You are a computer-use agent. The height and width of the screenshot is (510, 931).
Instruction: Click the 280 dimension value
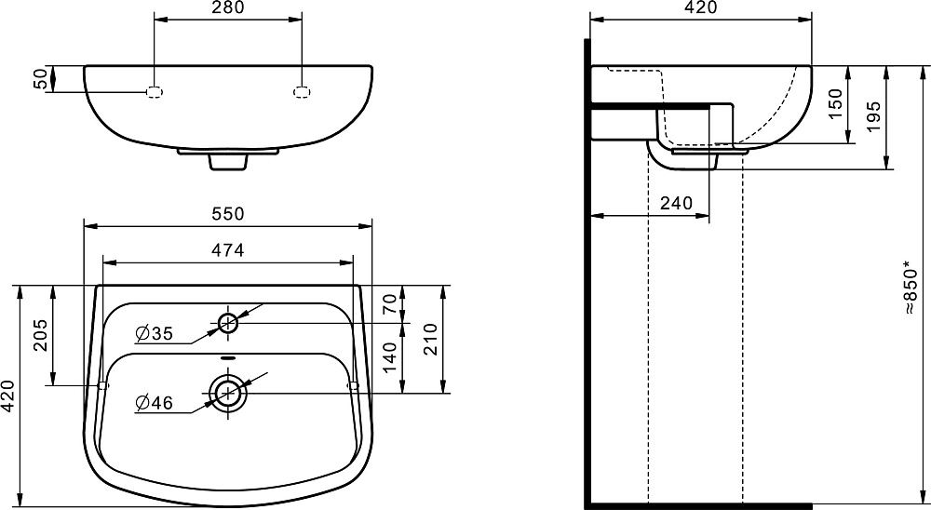click(x=228, y=7)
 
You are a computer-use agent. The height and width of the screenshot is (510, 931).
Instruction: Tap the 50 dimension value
click(x=40, y=78)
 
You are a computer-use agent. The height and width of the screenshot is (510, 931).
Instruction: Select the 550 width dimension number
click(x=228, y=214)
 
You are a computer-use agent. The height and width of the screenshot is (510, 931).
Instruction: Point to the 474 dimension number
click(x=228, y=250)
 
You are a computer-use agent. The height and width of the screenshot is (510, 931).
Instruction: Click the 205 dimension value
click(x=40, y=335)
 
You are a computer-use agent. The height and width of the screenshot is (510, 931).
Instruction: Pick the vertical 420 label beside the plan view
click(x=7, y=396)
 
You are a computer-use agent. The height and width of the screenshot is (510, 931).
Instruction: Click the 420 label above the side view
click(x=701, y=7)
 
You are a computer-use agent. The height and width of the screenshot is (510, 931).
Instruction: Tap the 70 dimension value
click(x=389, y=304)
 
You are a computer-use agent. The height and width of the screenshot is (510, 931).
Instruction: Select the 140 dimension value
click(x=389, y=357)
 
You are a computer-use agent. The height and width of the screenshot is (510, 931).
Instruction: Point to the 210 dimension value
click(x=430, y=340)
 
